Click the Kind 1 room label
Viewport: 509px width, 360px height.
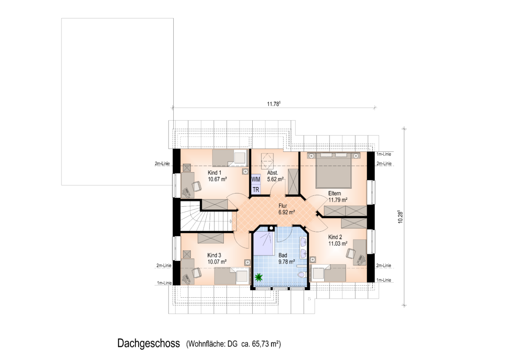click(215, 173)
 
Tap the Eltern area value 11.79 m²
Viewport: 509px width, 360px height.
click(338, 200)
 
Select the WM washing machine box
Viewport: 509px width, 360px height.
click(256, 179)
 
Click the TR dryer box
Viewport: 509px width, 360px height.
click(256, 189)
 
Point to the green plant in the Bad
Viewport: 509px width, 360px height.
click(259, 277)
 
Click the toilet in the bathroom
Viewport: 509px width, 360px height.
click(302, 274)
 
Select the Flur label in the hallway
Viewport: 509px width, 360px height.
click(283, 205)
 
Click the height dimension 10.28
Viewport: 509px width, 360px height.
click(400, 217)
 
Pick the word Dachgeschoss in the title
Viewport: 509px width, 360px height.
click(148, 343)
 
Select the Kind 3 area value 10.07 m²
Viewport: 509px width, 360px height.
click(217, 262)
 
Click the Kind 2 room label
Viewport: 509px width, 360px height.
click(335, 237)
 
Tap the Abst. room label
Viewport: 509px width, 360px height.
click(272, 173)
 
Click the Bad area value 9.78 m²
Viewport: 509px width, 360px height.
click(287, 262)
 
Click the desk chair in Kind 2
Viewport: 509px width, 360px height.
click(351, 253)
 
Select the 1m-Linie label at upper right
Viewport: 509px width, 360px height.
click(384, 154)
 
